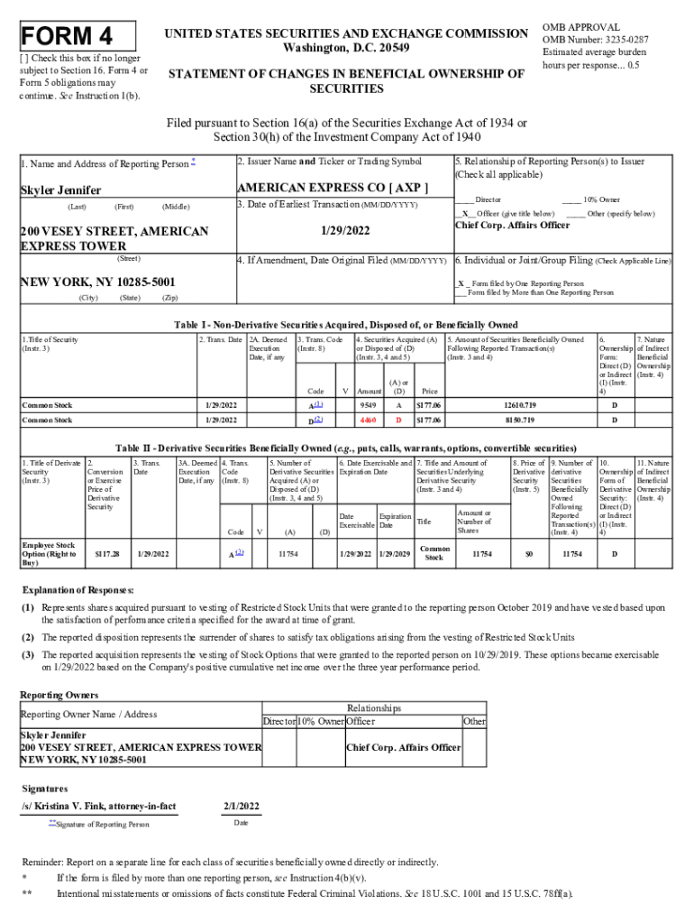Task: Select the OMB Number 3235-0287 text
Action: point(595,40)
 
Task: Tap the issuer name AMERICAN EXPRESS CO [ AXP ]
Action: point(332,188)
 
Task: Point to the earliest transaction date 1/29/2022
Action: point(342,231)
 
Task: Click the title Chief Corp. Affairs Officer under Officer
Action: point(512,226)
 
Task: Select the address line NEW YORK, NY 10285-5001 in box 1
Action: point(97,282)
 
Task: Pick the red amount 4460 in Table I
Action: point(368,420)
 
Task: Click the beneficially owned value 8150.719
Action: point(520,420)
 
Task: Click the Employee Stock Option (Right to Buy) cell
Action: point(49,554)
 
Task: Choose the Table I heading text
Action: point(346,325)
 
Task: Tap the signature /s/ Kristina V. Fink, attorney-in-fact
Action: point(99,806)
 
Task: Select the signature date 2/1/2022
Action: point(241,806)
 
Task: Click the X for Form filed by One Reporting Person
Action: point(460,282)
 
